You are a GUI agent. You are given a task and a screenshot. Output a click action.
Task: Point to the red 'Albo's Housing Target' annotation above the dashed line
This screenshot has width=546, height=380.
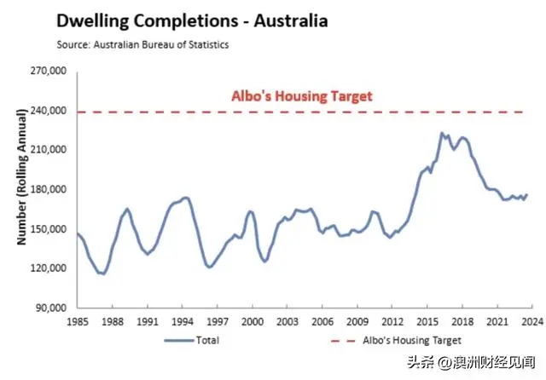pos(302,96)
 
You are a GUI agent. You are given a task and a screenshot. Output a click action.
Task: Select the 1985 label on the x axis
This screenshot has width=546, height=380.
pos(78,322)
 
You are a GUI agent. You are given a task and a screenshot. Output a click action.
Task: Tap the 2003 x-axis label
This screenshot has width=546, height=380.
pos(286,322)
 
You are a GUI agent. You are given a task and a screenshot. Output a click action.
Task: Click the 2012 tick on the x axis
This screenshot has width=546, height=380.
pos(392,322)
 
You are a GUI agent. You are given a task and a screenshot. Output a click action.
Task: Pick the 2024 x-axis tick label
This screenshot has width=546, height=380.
pos(531,322)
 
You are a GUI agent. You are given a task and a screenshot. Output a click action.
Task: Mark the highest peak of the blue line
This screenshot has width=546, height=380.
pos(441,133)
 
